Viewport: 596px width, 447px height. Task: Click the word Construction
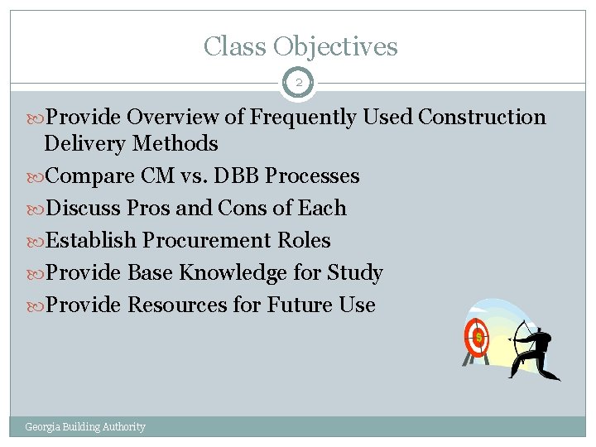482,118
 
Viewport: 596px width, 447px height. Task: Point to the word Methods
177,144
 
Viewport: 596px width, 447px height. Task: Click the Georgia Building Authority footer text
85,427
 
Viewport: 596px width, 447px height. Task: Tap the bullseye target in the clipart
477,337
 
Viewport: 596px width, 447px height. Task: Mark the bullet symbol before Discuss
36,209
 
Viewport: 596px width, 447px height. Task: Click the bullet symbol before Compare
36,176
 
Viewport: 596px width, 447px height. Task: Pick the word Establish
92,241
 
